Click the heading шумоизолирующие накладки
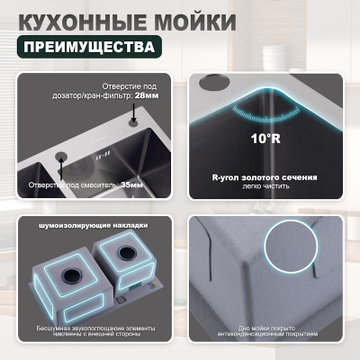coord(93,225)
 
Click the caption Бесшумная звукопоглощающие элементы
coord(92,328)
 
